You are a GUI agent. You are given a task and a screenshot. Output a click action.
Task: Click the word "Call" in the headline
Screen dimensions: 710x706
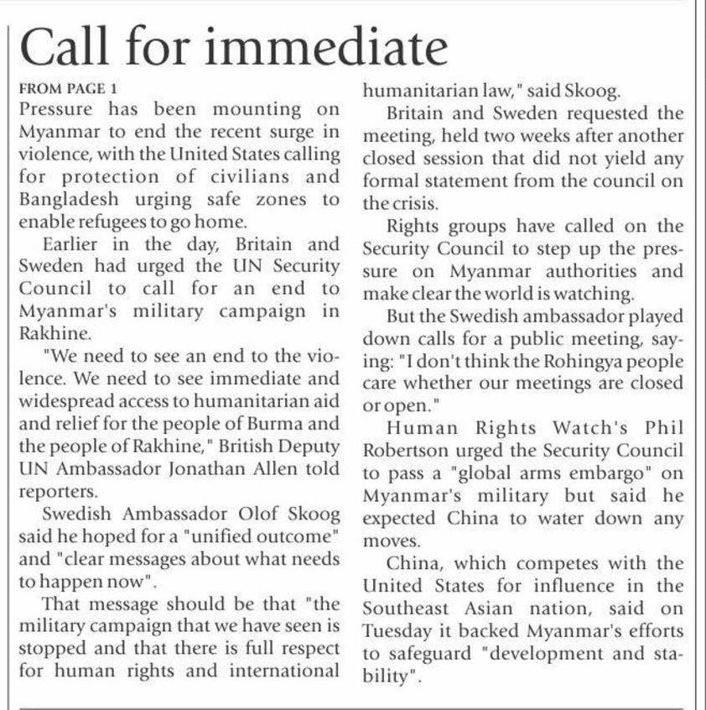[x=69, y=49]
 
